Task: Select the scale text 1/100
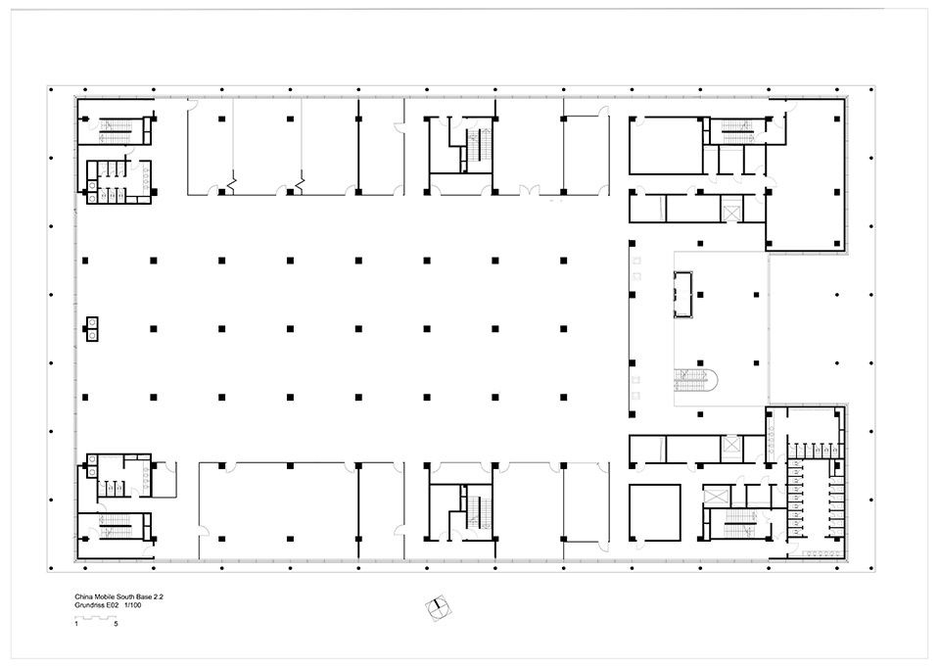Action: [x=133, y=605]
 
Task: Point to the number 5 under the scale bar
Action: [x=116, y=624]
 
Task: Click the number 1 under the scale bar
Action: [x=76, y=624]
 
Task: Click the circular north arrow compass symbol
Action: [x=439, y=608]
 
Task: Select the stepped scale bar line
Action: [x=96, y=618]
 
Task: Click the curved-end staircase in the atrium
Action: [x=696, y=380]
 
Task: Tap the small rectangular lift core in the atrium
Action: [x=682, y=295]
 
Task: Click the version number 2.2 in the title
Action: [x=159, y=597]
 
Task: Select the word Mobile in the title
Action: [x=103, y=597]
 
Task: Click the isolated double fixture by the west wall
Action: [x=92, y=329]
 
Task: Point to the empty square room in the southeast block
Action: [x=655, y=512]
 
